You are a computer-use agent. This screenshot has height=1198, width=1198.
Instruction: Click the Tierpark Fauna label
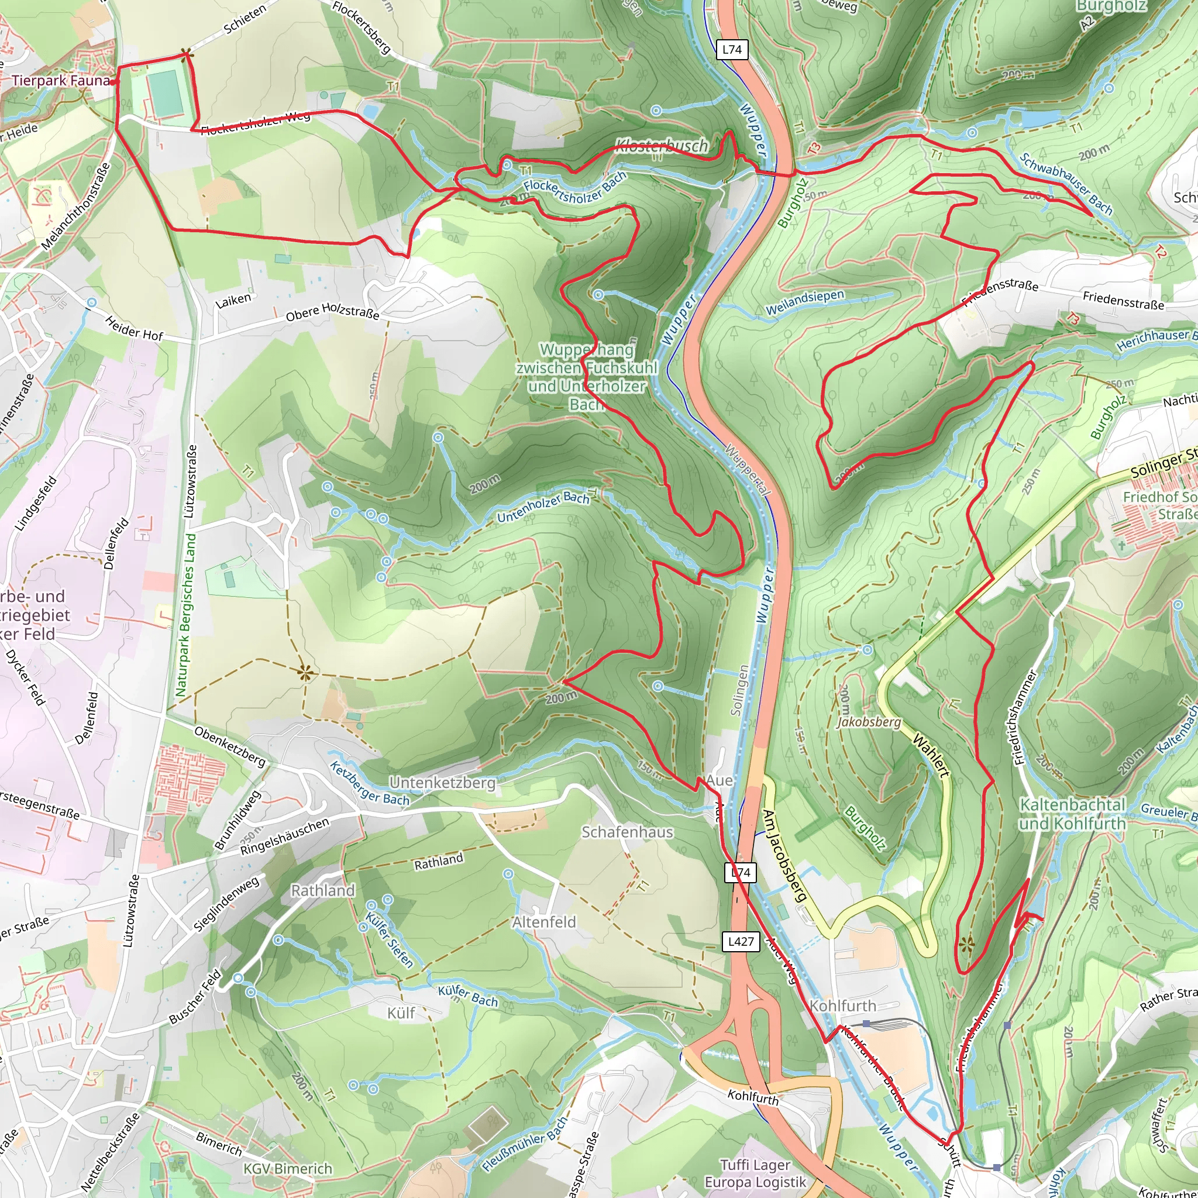tap(60, 81)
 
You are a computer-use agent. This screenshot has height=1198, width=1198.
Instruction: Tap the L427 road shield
tap(741, 941)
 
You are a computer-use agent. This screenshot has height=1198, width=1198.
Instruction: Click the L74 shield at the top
tap(732, 50)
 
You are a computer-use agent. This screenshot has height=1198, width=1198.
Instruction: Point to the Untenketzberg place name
tap(442, 783)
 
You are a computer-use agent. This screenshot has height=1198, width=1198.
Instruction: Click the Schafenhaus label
tap(627, 832)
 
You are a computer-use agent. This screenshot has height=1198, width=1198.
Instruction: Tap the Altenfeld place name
tap(544, 922)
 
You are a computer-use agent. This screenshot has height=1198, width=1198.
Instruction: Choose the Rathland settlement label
tap(322, 890)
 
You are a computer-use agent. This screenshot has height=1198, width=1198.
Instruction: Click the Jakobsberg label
tap(868, 722)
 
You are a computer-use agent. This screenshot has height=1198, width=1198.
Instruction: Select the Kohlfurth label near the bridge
tap(843, 1005)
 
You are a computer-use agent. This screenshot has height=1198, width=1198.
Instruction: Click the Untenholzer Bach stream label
tap(543, 507)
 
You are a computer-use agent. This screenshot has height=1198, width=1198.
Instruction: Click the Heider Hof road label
tap(133, 328)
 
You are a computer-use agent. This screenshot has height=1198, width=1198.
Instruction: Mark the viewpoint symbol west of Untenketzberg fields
tap(304, 672)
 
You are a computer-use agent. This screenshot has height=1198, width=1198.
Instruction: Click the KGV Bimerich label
tap(288, 1169)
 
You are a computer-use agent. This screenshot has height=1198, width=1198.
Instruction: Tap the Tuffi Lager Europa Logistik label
tap(755, 1174)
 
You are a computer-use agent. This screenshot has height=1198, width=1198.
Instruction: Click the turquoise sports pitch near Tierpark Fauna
tap(166, 93)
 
